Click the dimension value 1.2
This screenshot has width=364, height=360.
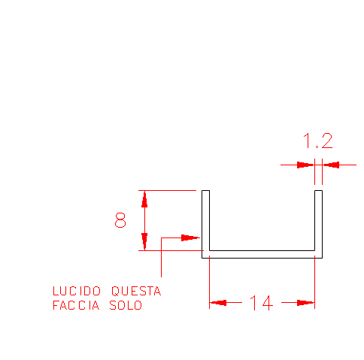coord(318,141)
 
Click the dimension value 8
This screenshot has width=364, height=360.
coord(120,220)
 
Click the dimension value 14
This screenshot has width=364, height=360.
coord(262,303)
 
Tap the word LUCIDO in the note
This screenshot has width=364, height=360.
coord(77,291)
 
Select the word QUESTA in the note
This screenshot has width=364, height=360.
coord(136,291)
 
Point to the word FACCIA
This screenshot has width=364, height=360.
coord(76,305)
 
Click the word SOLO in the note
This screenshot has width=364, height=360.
coord(126,305)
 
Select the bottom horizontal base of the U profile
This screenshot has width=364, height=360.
coord(262,254)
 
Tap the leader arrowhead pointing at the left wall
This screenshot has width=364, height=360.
coord(190,237)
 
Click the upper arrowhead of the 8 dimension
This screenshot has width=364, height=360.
coord(144,199)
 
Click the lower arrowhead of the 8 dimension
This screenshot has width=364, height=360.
coord(144,241)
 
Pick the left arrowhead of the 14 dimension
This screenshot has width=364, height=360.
coord(218,303)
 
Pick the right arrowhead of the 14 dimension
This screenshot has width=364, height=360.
coord(305,303)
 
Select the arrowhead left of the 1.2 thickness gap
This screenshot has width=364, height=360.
coord(305,165)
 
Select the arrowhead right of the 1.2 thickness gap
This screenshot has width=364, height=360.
coord(331,165)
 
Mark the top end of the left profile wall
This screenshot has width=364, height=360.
coord(205,190)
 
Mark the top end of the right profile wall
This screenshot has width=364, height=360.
coord(318,190)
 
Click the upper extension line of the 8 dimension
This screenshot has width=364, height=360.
coord(167,190)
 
